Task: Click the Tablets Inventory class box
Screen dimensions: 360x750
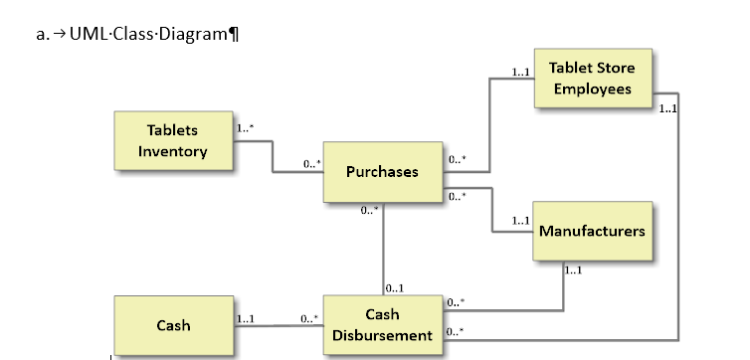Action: pyautogui.click(x=173, y=141)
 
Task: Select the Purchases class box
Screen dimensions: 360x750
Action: pyautogui.click(x=382, y=172)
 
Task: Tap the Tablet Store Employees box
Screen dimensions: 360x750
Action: pyautogui.click(x=592, y=78)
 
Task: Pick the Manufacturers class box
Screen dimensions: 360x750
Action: pyautogui.click(x=592, y=231)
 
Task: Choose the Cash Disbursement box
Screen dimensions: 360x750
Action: pyautogui.click(x=382, y=324)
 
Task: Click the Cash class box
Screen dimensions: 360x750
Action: pyautogui.click(x=173, y=325)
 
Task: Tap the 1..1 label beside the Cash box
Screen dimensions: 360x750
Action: pyautogui.click(x=246, y=319)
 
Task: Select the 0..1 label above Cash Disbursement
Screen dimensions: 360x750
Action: pyautogui.click(x=394, y=288)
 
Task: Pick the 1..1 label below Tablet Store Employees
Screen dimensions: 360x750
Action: pyautogui.click(x=667, y=108)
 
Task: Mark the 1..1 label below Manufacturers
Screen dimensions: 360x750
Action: pyautogui.click(x=572, y=270)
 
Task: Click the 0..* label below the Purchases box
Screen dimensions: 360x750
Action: pyautogui.click(x=370, y=210)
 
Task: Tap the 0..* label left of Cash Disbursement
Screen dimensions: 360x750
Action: pyautogui.click(x=309, y=319)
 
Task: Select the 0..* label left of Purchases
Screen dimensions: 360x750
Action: pyautogui.click(x=312, y=163)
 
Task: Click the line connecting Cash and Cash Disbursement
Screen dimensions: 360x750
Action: pyautogui.click(x=279, y=325)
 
